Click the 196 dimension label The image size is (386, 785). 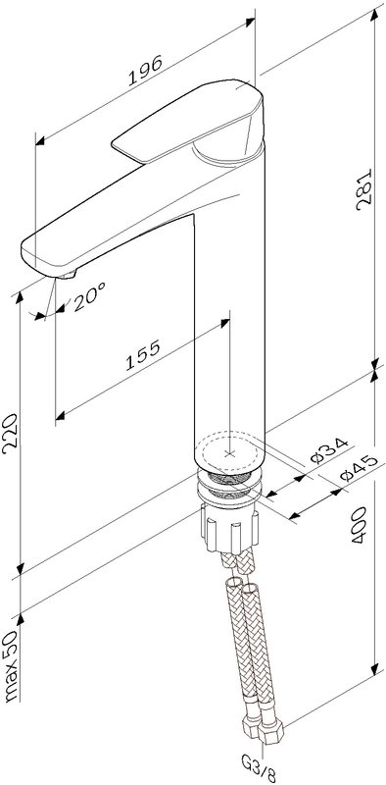[x=146, y=70]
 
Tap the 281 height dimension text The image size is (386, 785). [x=364, y=189]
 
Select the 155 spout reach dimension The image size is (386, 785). [x=142, y=355]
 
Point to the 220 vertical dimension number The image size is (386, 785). [x=11, y=434]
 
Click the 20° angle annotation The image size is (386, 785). [x=89, y=296]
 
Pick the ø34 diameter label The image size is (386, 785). [x=328, y=450]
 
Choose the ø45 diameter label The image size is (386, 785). [x=358, y=468]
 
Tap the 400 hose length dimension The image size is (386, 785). [x=359, y=525]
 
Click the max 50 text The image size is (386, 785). [x=11, y=665]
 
